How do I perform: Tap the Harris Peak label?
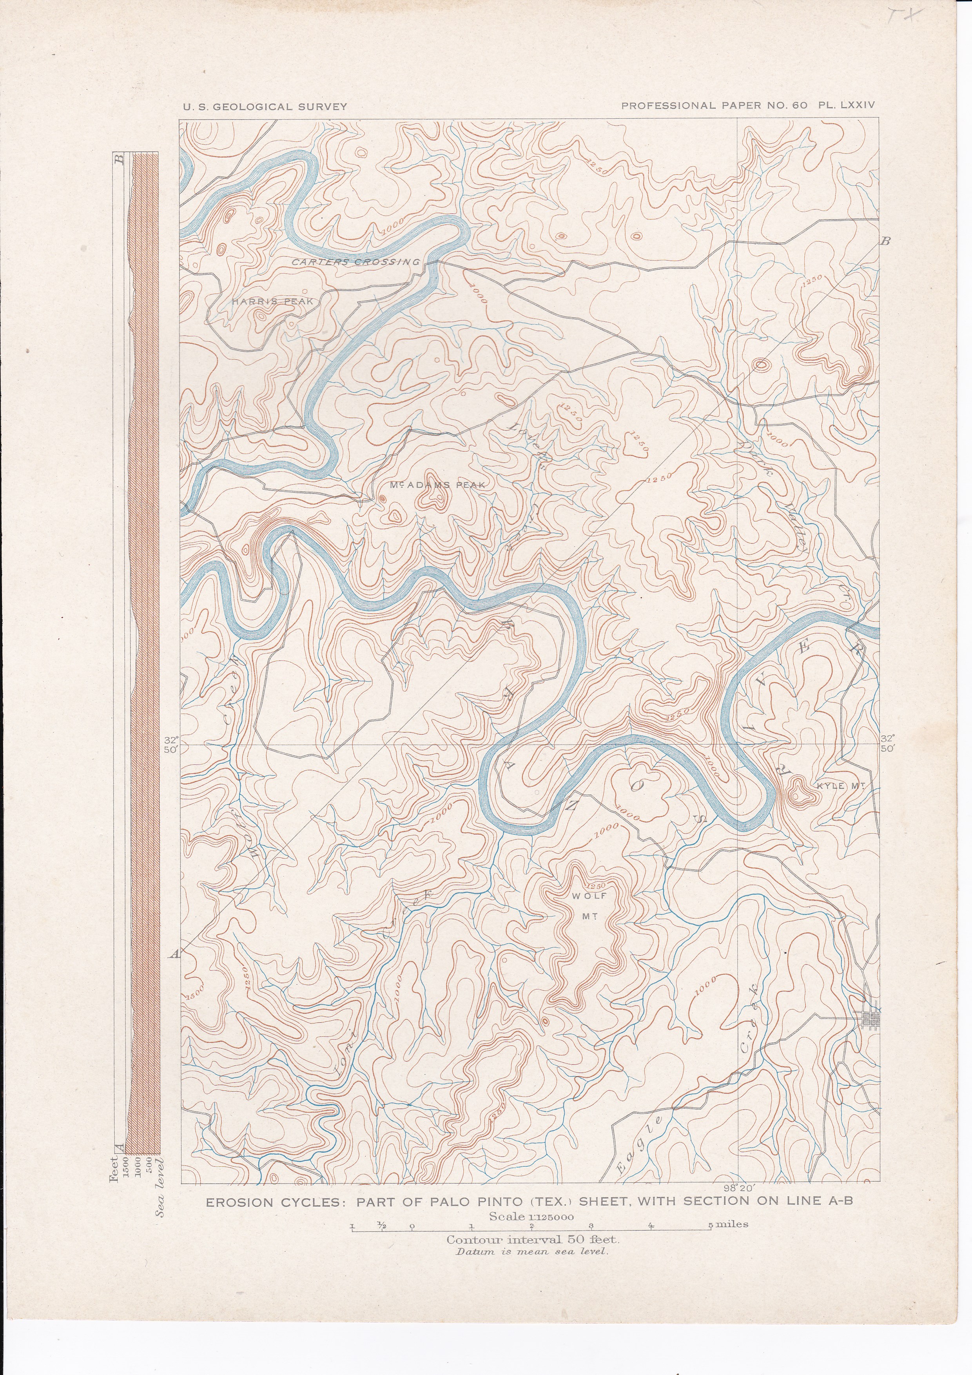pos(273,301)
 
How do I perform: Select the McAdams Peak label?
pos(437,485)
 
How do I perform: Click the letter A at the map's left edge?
pos(175,955)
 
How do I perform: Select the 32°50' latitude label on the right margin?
pos(887,743)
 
